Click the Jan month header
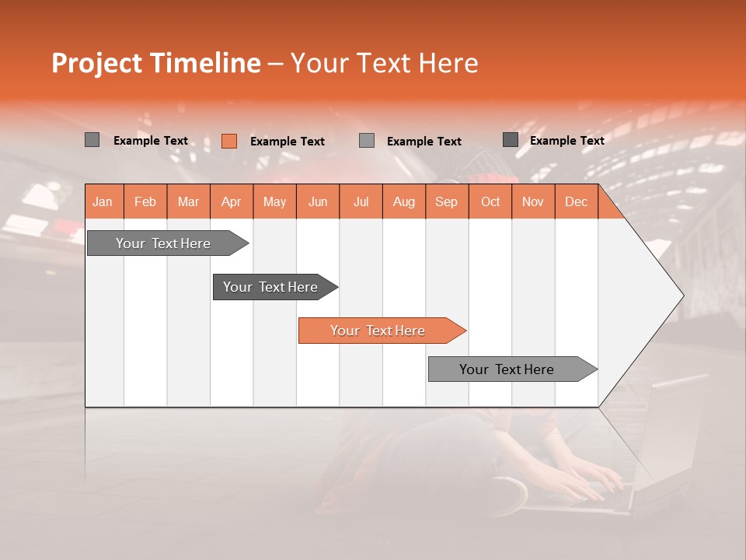[103, 202]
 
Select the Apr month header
[231, 202]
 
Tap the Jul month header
[361, 202]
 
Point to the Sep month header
[446, 202]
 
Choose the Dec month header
[576, 202]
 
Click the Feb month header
[145, 202]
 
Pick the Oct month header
[490, 202]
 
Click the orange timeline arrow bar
[381, 331]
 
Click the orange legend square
[229, 141]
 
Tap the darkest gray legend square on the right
[511, 140]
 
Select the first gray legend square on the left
[92, 140]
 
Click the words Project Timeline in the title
[155, 63]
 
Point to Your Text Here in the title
[384, 63]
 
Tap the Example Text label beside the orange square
[287, 142]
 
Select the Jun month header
[318, 202]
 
